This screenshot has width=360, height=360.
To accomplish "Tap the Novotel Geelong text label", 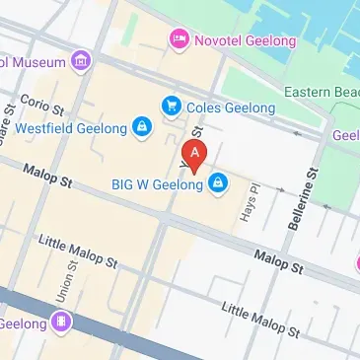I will [234, 39].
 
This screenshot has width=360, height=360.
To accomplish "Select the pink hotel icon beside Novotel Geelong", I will [179, 39].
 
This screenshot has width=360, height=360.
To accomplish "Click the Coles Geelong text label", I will [220, 104].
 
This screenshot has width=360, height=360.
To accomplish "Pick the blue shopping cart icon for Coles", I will [172, 104].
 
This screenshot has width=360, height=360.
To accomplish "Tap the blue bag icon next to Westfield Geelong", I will [143, 128].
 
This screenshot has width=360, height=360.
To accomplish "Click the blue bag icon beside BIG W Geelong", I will [217, 183].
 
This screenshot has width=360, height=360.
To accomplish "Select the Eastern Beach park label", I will [321, 92].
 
